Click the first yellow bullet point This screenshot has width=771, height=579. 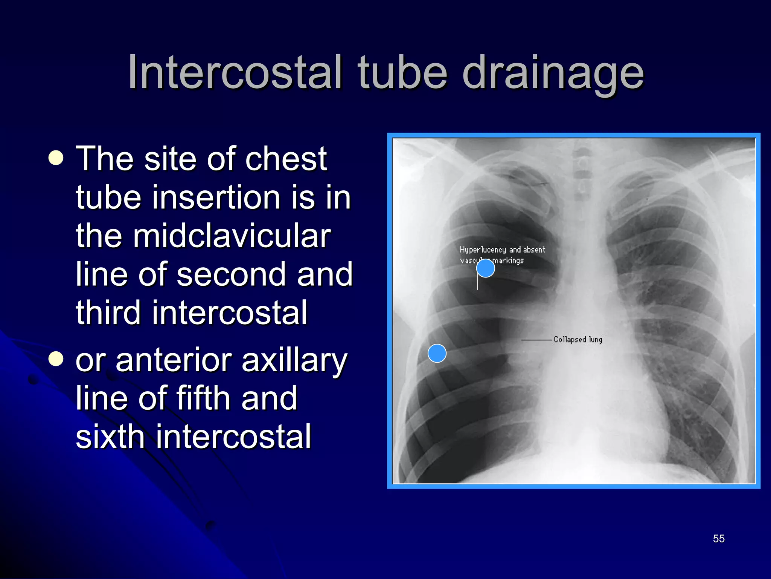56,158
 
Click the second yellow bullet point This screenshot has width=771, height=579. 56,359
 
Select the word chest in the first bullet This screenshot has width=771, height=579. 286,159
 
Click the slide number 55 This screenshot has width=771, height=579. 719,539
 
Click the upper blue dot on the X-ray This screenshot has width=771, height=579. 486,268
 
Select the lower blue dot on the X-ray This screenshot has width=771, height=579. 437,353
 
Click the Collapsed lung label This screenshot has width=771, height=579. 578,340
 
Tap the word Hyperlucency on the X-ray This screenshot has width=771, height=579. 483,250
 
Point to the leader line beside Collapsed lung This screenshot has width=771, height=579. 536,340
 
